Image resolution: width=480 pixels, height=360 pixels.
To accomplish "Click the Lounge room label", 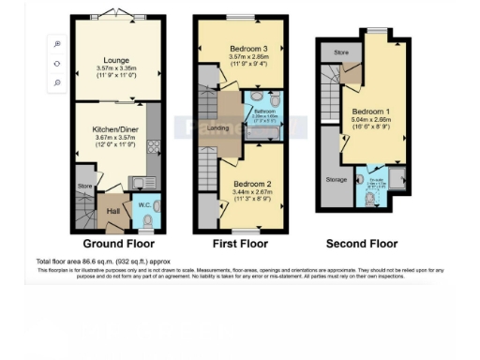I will [x=110, y=62].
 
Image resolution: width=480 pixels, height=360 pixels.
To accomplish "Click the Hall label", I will [x=112, y=212].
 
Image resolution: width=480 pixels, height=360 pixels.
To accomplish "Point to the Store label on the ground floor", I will [x=83, y=187].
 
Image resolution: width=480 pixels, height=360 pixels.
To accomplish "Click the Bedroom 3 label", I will [x=236, y=50].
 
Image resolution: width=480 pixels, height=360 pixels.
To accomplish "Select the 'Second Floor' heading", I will [x=361, y=244].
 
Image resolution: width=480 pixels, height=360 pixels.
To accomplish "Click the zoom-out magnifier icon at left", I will [x=57, y=82].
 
